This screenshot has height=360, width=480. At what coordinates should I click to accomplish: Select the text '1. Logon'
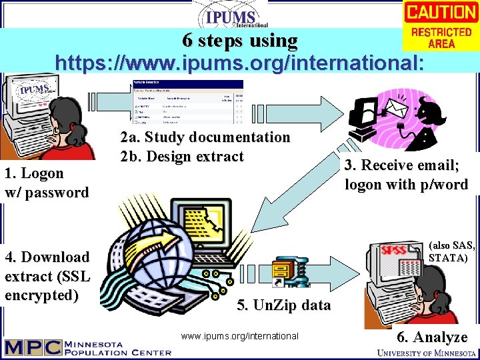tap(34, 173)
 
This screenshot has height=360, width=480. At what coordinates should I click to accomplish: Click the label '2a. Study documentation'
tap(205, 137)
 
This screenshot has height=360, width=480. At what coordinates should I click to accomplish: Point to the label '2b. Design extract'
tap(181, 157)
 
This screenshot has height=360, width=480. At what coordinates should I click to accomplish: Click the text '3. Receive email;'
tap(405, 165)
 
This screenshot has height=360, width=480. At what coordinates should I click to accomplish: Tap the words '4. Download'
tap(47, 257)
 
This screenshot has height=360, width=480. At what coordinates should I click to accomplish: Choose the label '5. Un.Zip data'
tap(283, 305)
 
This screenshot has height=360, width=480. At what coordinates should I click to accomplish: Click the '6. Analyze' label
tap(432, 337)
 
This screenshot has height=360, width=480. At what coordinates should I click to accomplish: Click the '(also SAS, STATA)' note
tap(452, 251)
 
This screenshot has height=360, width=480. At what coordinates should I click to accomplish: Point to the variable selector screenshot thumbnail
tap(188, 103)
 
